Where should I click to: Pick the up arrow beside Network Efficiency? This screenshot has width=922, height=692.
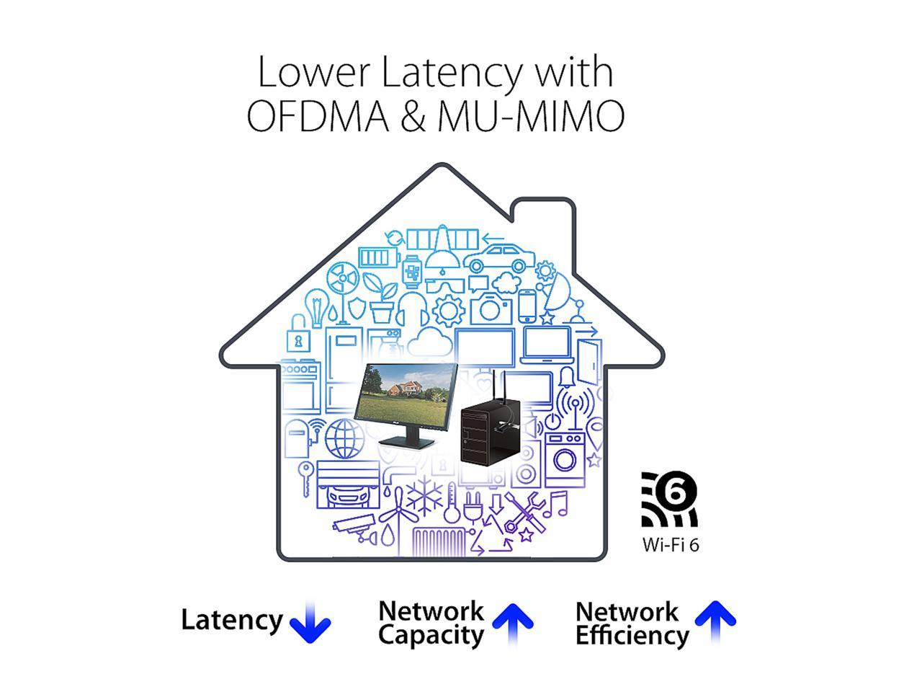click(715, 621)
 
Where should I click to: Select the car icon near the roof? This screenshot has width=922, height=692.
click(496, 258)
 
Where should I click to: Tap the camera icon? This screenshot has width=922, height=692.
click(489, 308)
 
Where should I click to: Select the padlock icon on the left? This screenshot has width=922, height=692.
click(297, 339)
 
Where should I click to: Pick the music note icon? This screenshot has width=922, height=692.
click(555, 504)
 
